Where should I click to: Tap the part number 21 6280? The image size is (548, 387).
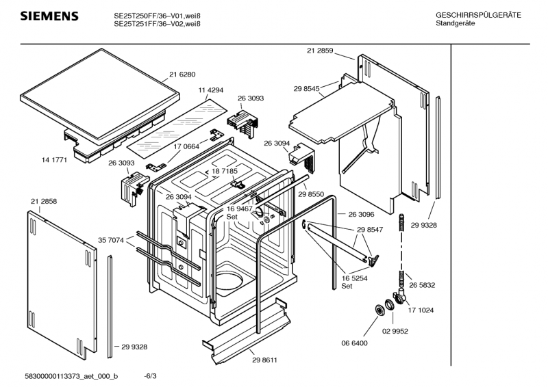tap(182, 75)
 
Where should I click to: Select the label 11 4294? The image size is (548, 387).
tap(212, 92)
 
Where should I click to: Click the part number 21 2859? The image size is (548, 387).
tap(321, 50)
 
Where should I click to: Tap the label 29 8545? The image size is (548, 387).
tap(307, 89)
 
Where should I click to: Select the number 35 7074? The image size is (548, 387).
tap(111, 240)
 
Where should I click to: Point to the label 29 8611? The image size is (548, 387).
tap(264, 360)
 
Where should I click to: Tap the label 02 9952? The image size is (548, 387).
tap(395, 331)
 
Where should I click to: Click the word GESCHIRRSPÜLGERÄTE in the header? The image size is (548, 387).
tap(477, 15)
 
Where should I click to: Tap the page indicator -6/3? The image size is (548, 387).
tap(150, 376)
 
